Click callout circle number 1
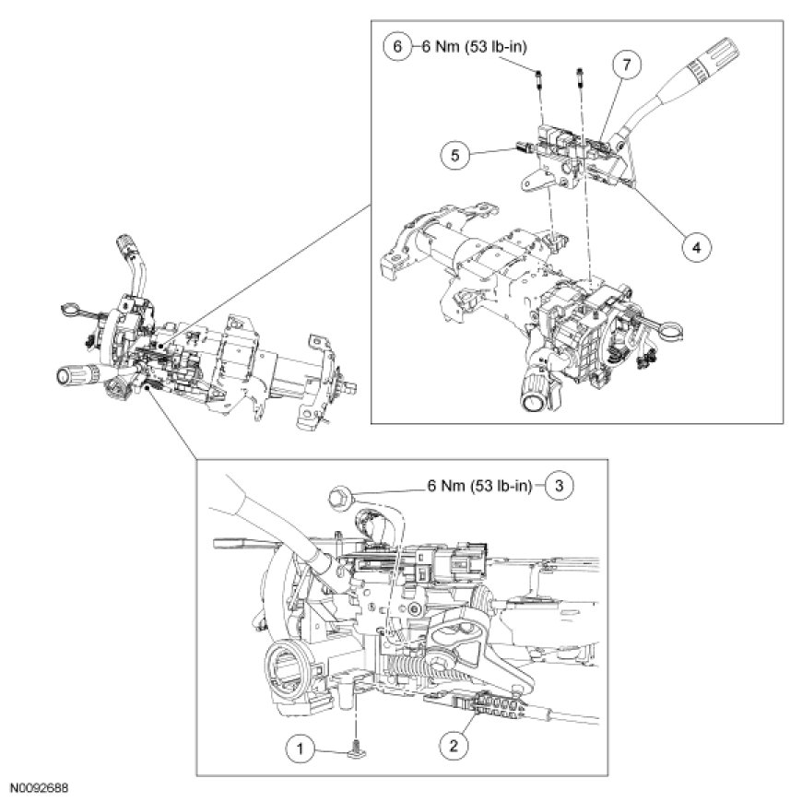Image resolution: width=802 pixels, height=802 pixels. coord(299,746)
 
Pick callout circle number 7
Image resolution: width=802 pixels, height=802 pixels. coord(627,66)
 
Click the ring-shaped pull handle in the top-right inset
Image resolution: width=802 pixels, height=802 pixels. coord(676,324)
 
